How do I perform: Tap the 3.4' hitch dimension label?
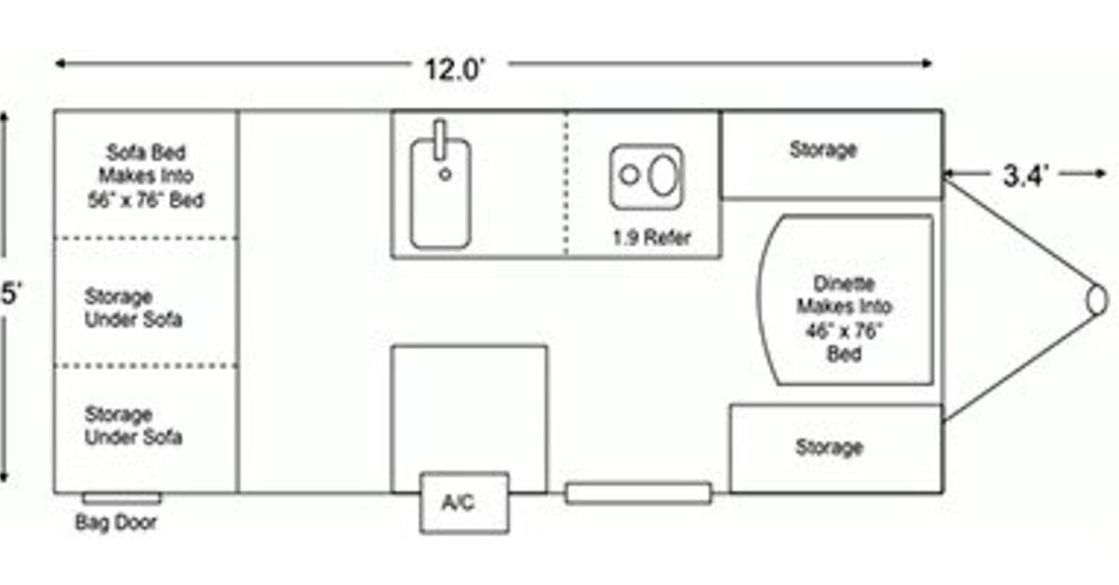coord(1027,175)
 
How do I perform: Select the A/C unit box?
coord(463,503)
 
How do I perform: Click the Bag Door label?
coord(116,524)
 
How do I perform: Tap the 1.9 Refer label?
coord(652,238)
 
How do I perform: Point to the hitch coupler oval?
coord(1098,300)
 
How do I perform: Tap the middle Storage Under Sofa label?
coord(133,308)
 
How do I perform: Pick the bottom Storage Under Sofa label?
coord(133,426)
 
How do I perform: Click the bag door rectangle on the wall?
coord(121,498)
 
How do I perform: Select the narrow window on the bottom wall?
coord(639,494)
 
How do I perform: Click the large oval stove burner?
coord(661,175)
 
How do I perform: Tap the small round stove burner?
coord(630,174)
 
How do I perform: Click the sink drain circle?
coord(446,173)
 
